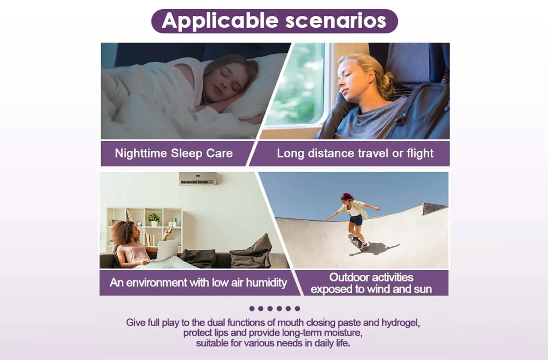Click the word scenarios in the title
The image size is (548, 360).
point(336,21)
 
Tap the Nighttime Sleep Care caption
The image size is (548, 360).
point(174,153)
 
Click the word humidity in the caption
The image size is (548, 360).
point(266,283)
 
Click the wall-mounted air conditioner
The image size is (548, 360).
point(198,178)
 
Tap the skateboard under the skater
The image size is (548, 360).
point(357,242)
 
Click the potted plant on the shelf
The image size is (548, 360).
point(154,219)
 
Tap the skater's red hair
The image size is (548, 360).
point(347,197)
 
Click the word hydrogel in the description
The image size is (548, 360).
point(401,323)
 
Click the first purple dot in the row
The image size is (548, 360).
point(252,309)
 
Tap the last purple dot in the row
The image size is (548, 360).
point(297,309)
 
